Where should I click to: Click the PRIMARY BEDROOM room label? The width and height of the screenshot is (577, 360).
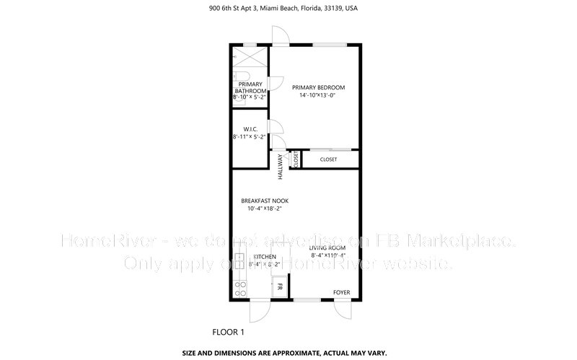[313, 87]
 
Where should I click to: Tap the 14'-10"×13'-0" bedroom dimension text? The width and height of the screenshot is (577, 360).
[313, 95]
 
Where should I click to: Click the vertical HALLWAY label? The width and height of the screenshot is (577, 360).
[281, 167]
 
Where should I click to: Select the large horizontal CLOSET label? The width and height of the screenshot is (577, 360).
[328, 159]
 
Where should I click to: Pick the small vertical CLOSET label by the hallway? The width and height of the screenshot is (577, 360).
[295, 160]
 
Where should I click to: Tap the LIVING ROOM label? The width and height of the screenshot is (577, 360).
[328, 247]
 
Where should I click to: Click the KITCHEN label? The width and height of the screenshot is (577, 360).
[264, 257]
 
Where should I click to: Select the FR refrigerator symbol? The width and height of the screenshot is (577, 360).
[279, 288]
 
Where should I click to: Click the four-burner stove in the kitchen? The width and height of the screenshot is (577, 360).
[240, 288]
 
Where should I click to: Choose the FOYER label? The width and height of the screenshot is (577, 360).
[340, 292]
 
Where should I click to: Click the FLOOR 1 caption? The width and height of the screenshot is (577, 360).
[229, 333]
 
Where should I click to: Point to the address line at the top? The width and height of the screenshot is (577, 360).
[288, 9]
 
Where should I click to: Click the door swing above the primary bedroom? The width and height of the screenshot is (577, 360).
[279, 36]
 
